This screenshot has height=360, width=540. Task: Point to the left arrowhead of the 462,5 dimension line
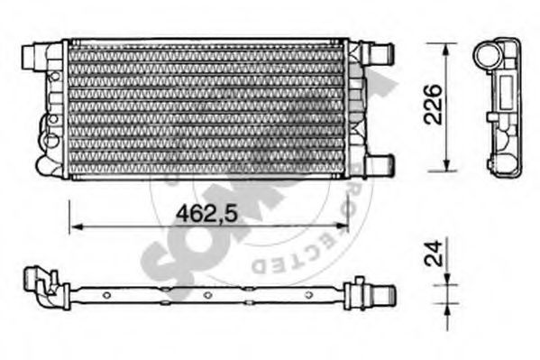[x=74, y=226]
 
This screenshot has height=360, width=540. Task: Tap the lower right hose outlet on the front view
[x=382, y=162]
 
